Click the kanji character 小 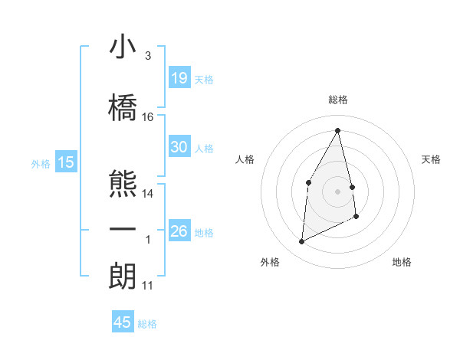click(x=123, y=48)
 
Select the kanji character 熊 click(x=123, y=183)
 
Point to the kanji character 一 click(x=123, y=230)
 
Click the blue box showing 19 click(x=179, y=78)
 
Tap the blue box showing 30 click(x=179, y=147)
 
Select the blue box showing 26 click(x=179, y=231)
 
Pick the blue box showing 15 click(x=66, y=162)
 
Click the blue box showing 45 click(x=123, y=322)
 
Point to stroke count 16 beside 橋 click(x=148, y=116)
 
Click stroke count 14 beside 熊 click(x=148, y=193)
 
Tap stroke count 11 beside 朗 click(x=148, y=286)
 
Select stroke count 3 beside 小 click(x=147, y=56)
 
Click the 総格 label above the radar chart click(x=338, y=100)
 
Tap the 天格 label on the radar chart click(x=432, y=159)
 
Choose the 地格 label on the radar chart click(x=402, y=262)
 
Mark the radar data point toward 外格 click(x=301, y=242)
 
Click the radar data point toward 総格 click(x=337, y=130)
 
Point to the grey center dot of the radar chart click(x=337, y=191)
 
